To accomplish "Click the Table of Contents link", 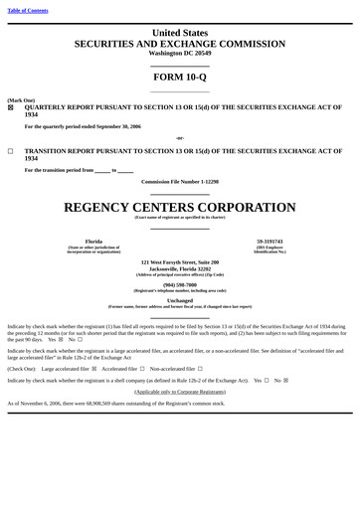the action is [27, 10].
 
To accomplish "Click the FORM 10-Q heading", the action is [180, 77].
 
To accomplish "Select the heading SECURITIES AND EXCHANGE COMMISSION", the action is [180, 44].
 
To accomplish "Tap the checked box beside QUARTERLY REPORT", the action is [11, 107].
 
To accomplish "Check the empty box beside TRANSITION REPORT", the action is [11, 151].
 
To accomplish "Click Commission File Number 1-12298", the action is [180, 182].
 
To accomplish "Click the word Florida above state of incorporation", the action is [93, 241].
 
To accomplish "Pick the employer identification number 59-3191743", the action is [270, 241].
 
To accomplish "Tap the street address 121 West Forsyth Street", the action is [180, 262].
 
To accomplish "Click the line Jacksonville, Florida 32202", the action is [180, 268].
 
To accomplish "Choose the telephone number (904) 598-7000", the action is [180, 284].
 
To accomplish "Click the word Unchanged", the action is [180, 300].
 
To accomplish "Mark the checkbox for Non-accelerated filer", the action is [200, 368].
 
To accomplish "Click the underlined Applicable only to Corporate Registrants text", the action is [180, 392].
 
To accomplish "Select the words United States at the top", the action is [180, 33].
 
